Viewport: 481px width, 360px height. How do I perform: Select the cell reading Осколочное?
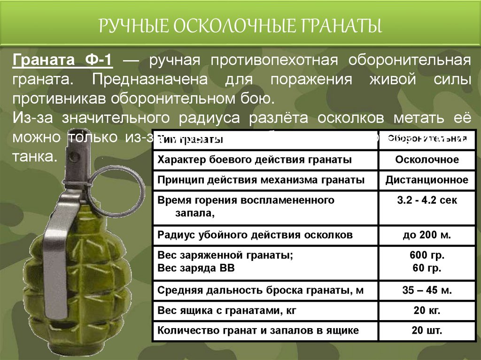(427, 160)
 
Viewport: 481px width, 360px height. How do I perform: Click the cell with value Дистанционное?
(427, 180)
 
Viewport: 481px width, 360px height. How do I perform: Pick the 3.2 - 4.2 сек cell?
(427, 200)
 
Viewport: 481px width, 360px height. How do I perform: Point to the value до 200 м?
(427, 235)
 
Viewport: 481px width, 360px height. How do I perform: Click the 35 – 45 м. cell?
(427, 290)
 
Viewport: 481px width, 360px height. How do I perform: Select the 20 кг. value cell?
(427, 310)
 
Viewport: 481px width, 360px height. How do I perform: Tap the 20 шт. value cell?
(427, 330)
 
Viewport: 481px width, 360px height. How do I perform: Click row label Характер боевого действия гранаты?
(255, 160)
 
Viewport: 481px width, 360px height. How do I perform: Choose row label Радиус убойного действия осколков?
(255, 235)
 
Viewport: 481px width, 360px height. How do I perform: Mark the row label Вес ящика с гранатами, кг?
(227, 310)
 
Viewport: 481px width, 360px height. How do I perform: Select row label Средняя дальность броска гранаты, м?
(261, 290)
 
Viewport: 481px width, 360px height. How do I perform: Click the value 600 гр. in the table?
(427, 256)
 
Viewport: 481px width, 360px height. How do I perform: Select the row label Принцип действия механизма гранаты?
(261, 180)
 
